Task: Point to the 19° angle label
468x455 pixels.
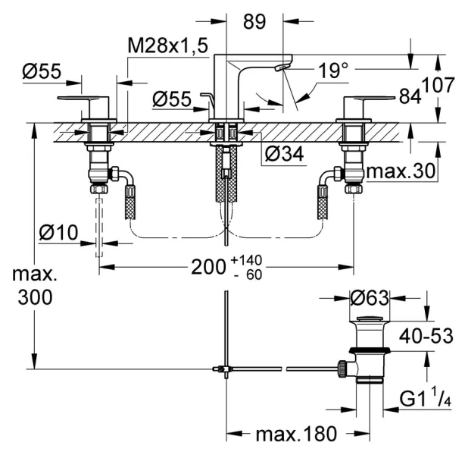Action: click(x=332, y=71)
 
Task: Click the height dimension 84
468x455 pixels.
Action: click(x=410, y=96)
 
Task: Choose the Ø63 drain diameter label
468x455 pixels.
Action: click(x=369, y=297)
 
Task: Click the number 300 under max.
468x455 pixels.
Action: click(x=36, y=297)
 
